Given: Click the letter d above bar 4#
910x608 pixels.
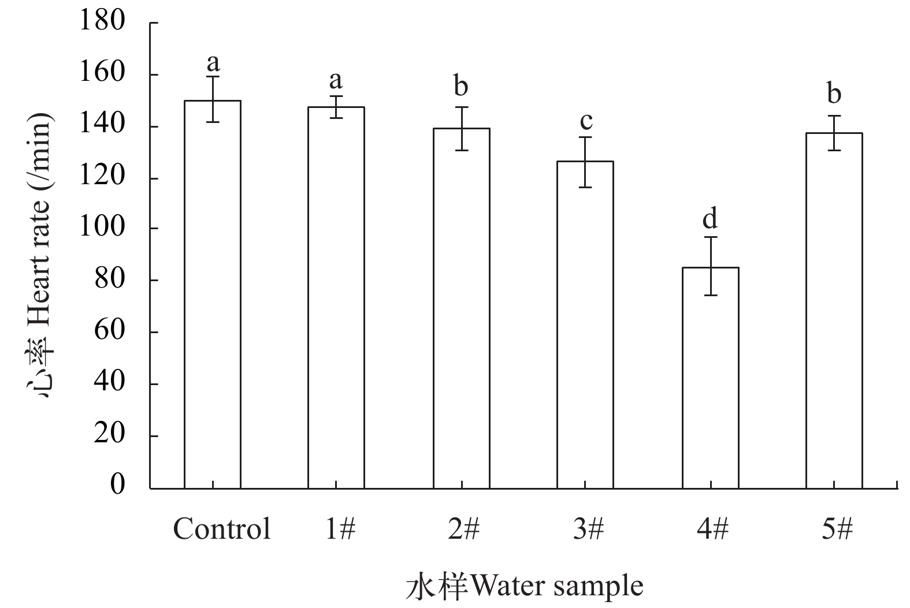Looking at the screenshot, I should [710, 219].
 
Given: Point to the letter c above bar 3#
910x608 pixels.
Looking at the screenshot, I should [585, 121].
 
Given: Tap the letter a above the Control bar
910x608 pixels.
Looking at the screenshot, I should [213, 62].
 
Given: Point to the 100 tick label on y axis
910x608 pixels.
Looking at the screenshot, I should [103, 229].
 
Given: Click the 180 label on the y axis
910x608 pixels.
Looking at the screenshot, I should [103, 22].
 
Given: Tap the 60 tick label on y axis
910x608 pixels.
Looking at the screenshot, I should [109, 332].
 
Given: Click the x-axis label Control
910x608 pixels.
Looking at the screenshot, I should [222, 528].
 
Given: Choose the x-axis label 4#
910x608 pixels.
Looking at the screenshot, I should [712, 528].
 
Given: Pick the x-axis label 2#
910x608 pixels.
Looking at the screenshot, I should [463, 528].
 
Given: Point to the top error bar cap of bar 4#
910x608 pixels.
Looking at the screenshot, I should [710, 237].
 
